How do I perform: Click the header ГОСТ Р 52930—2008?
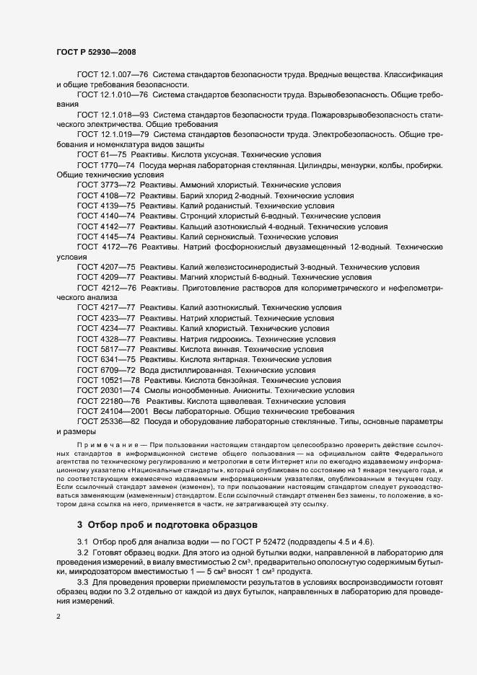pyautogui.click(x=95, y=53)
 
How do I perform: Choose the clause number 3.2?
pyautogui.click(x=82, y=552)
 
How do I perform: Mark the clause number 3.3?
pyautogui.click(x=82, y=581)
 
